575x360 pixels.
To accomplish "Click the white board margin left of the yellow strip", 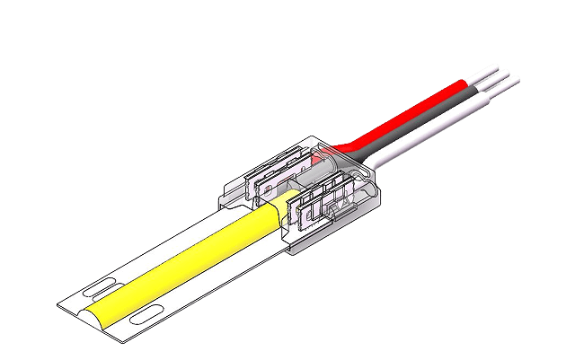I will tap(153, 256).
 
